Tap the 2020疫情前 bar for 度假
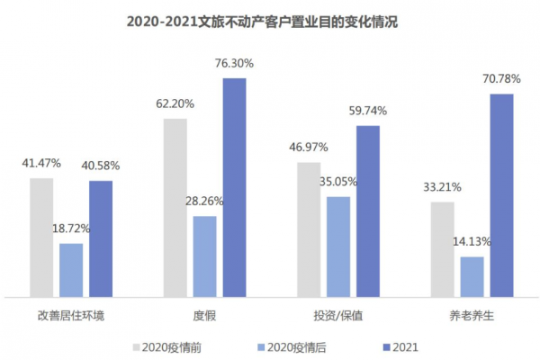click(175, 207)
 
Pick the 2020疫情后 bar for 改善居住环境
click(71, 269)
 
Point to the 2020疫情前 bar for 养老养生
click(442, 249)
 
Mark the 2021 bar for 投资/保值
click(368, 211)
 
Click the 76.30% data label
click(234, 64)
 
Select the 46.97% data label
click(309, 147)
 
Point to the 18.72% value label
click(70, 228)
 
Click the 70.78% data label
click(501, 79)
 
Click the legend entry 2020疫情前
click(170, 345)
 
